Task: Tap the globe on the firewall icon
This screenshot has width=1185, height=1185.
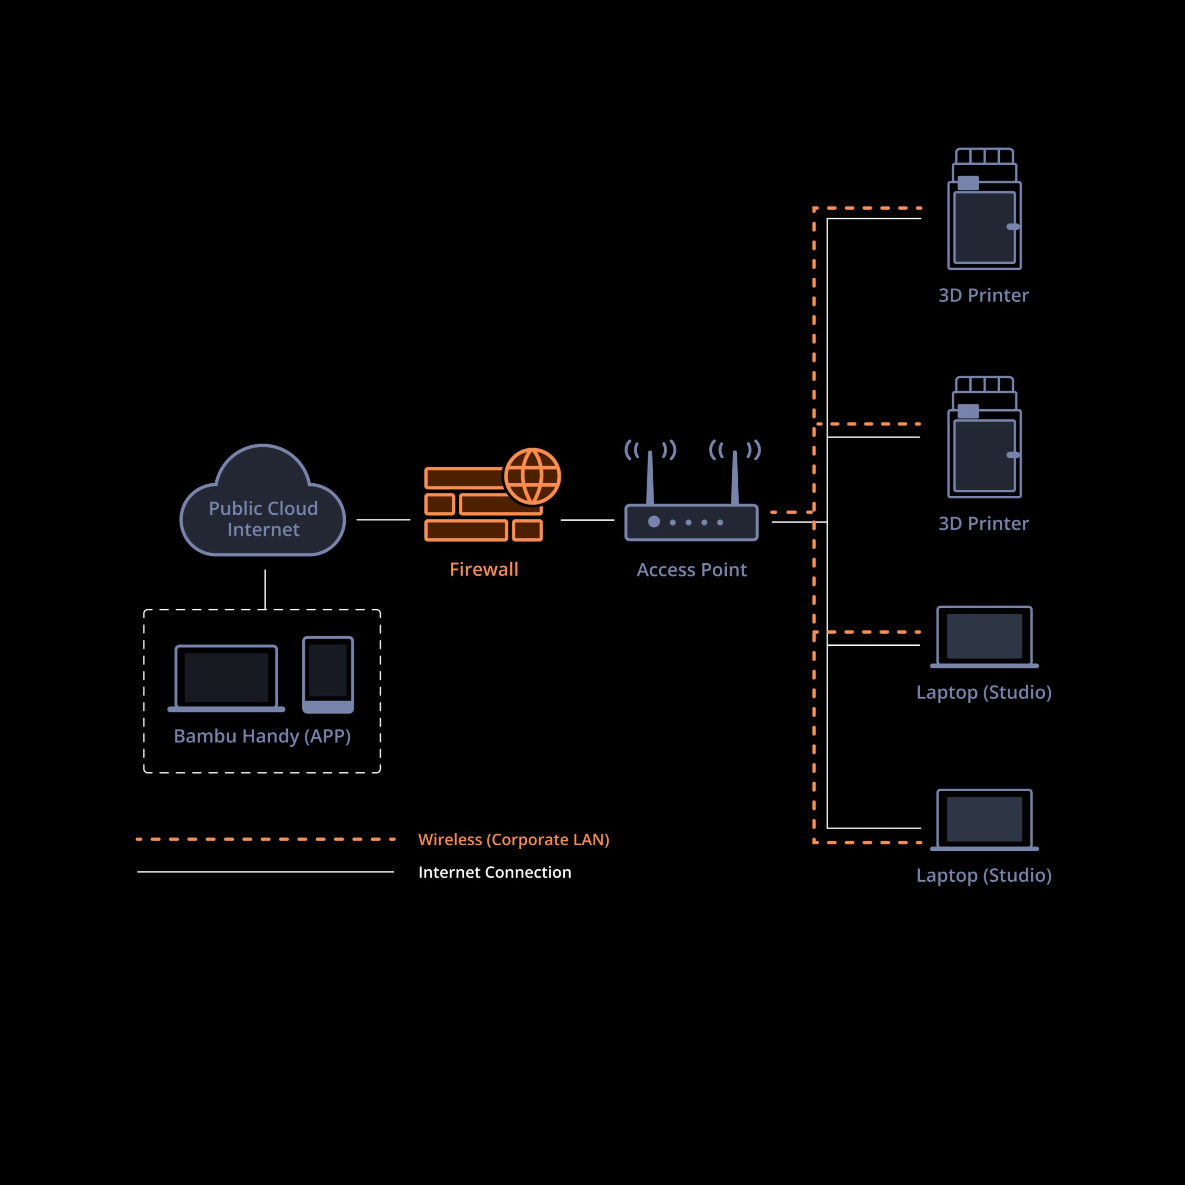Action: [532, 477]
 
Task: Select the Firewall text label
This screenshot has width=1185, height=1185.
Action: [484, 569]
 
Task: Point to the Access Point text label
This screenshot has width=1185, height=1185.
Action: [691, 570]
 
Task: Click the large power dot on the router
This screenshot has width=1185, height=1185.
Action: [654, 521]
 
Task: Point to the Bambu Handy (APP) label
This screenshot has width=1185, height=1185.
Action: [262, 736]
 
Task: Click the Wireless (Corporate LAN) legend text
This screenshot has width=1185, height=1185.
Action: [513, 839]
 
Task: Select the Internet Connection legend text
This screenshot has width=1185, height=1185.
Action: [494, 872]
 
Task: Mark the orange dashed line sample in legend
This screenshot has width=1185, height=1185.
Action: [265, 839]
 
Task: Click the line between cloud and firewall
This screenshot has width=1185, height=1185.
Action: [383, 519]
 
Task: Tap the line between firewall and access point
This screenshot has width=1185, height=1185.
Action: [587, 520]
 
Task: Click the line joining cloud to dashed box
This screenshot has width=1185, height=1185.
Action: [265, 589]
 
